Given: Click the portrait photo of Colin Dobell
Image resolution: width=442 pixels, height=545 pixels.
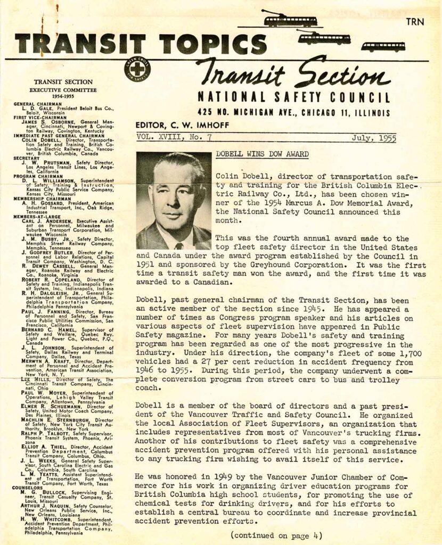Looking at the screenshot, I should [x=173, y=201].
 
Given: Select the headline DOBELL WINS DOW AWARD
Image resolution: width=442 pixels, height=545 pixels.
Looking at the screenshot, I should [x=262, y=154].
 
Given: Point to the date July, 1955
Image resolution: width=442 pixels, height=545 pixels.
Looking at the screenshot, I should [x=372, y=137].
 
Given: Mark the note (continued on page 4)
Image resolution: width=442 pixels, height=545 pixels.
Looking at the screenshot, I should [x=276, y=535].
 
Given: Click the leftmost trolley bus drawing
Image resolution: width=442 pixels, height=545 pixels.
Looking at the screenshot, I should [x=289, y=20].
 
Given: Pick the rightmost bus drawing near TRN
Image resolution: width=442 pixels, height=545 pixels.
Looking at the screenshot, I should [x=382, y=46].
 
